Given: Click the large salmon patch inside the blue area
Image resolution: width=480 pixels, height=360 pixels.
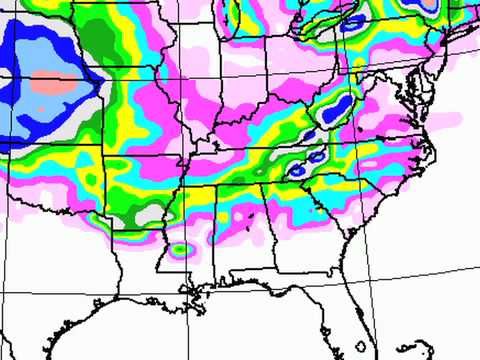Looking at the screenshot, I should [50, 85].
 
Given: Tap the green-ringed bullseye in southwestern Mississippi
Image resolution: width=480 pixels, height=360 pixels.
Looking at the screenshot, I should [180, 247].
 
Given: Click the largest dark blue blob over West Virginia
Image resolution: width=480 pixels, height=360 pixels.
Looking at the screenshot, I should [341, 104].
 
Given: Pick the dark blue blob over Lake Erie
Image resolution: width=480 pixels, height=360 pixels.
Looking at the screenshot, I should [349, 25].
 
